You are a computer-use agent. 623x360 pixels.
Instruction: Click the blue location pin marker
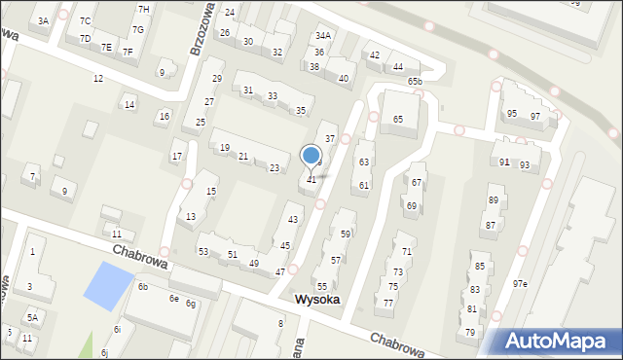[x=311, y=156]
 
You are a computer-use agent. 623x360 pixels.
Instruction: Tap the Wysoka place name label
[x=316, y=300]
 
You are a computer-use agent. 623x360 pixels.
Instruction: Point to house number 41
[x=311, y=180]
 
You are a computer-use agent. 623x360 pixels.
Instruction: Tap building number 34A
[x=323, y=36]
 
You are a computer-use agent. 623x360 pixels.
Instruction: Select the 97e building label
[x=520, y=284]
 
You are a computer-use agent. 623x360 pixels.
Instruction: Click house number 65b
[x=415, y=82]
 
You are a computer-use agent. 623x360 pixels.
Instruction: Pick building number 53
[x=203, y=252]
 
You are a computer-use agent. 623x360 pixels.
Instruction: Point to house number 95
[x=512, y=114]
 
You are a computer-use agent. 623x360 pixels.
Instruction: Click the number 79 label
[x=470, y=333]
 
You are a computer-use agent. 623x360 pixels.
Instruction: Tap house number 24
[x=230, y=13]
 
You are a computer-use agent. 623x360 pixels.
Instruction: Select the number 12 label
[x=97, y=78]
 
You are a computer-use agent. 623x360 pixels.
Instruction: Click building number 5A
[x=32, y=317]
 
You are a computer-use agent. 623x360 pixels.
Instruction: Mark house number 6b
[x=142, y=287]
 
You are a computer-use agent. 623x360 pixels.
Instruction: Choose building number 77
[x=387, y=304]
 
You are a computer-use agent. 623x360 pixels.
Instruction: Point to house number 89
[x=494, y=200]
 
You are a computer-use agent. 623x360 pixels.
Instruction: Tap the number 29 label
[x=217, y=78]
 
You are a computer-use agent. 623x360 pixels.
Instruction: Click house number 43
[x=292, y=220]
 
